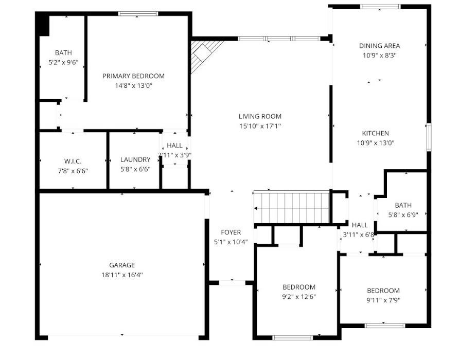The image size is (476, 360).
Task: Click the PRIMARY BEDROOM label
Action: point(133,76)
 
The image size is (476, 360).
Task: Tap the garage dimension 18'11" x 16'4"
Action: point(122,275)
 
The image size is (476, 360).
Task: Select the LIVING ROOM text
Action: point(260,116)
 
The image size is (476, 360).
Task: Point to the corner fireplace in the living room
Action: point(204,56)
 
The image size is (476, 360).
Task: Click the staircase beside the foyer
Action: point(292,208)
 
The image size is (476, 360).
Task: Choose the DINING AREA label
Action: point(379,46)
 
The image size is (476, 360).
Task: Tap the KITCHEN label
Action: point(376,133)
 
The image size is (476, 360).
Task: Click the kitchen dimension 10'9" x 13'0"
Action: point(376,143)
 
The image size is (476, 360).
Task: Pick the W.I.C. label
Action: point(73,161)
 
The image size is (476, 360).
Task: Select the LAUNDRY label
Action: point(135,159)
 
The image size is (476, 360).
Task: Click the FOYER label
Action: point(231,232)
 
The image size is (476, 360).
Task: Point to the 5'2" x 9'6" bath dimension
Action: point(63,62)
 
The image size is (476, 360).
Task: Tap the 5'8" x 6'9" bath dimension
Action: point(403,215)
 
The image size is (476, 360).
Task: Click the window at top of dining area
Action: point(380,7)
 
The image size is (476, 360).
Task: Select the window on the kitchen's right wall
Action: point(429,137)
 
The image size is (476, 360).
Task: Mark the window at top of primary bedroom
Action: point(138,13)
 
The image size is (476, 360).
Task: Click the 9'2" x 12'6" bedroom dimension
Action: point(299,297)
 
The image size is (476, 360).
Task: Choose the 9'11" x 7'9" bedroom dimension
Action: point(383,300)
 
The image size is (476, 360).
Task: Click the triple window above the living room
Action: point(279,39)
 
